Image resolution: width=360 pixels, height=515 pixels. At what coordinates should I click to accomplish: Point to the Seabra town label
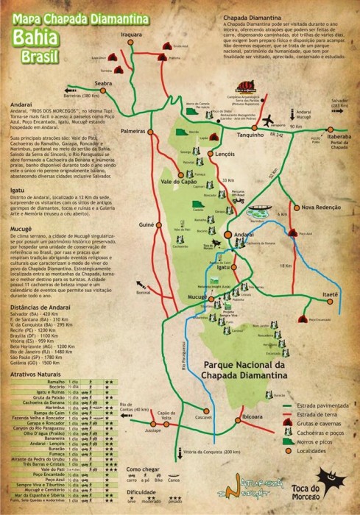click(103, 84)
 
